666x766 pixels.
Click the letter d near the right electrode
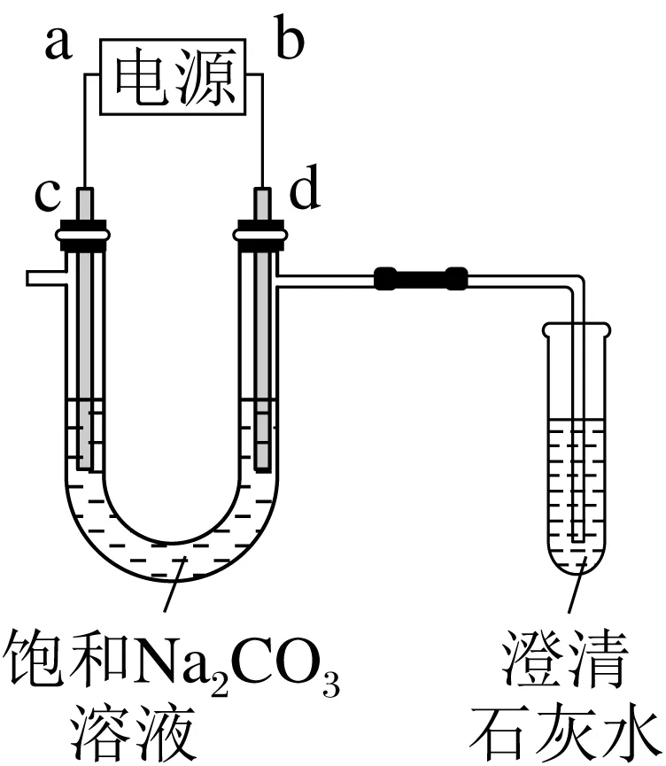[305, 193]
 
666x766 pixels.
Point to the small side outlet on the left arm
[43, 277]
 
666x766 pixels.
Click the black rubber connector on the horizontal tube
[421, 278]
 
